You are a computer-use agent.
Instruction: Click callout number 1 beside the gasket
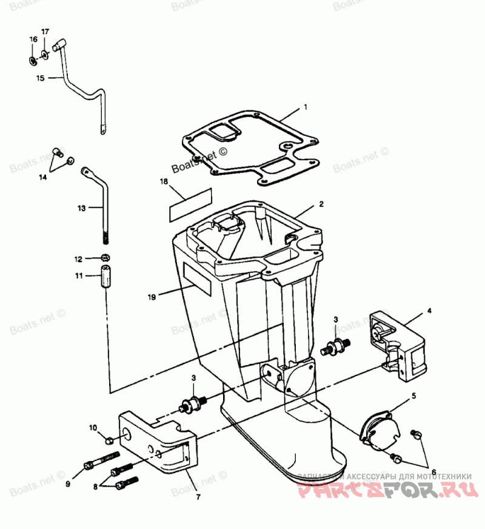click(306, 107)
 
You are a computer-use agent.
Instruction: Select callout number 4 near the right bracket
click(429, 311)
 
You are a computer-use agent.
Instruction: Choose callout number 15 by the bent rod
click(41, 78)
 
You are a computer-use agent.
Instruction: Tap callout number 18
click(163, 181)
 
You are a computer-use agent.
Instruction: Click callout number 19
click(152, 297)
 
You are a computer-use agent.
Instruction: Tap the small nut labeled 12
click(105, 258)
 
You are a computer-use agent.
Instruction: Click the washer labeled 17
click(47, 56)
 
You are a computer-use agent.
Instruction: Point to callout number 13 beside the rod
click(82, 208)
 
